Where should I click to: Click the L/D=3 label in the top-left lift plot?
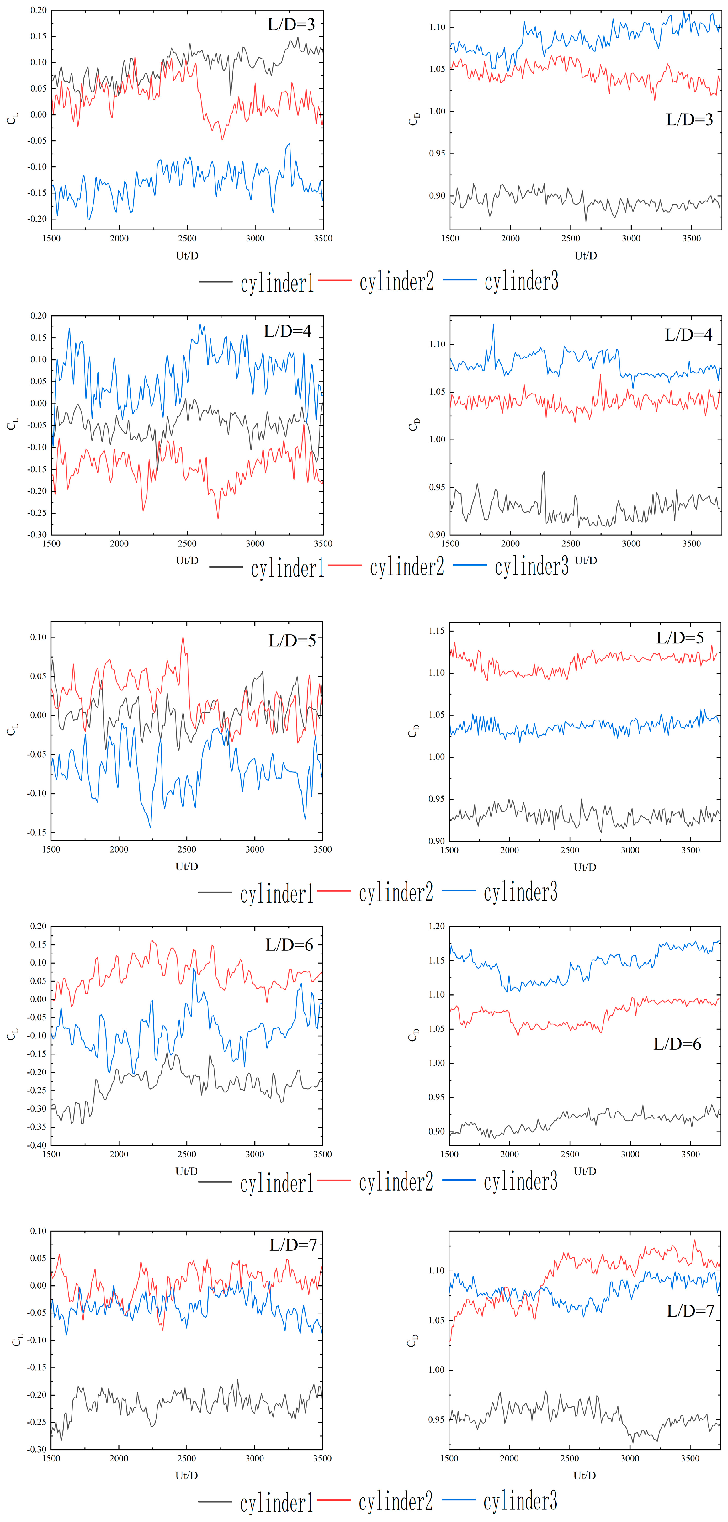point(291,25)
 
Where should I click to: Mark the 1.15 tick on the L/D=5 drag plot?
point(437,631)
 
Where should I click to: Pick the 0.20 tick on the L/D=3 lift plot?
point(38,11)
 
